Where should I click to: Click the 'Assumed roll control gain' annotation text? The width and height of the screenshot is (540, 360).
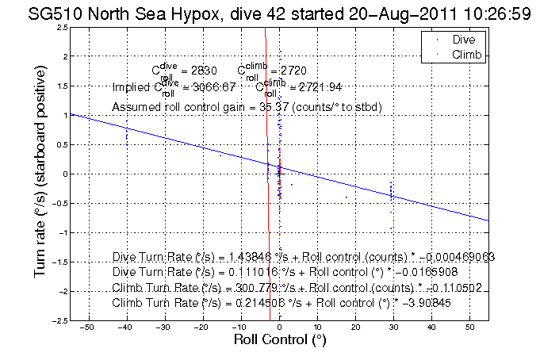pyautogui.click(x=247, y=106)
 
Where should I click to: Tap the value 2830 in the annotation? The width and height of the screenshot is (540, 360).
pyautogui.click(x=193, y=71)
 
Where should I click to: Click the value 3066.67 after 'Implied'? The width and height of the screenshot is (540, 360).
pyautogui.click(x=209, y=86)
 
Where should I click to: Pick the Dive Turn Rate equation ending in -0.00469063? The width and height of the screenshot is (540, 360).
pyautogui.click(x=304, y=256)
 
